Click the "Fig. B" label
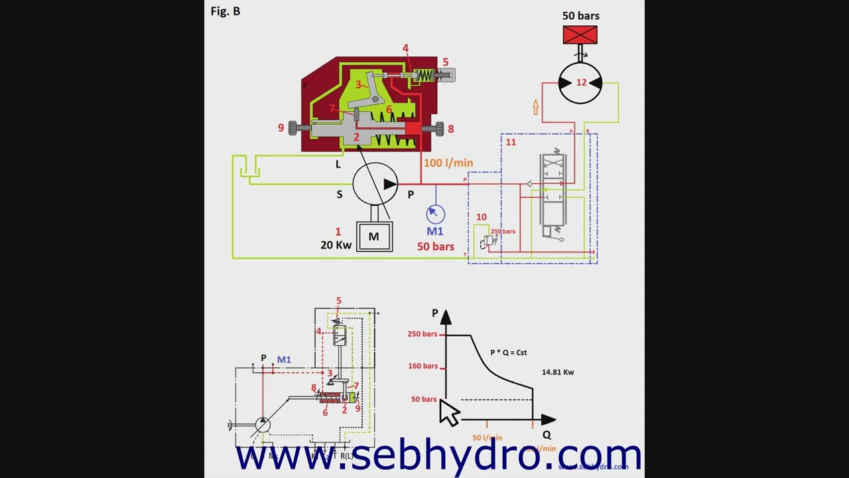225,11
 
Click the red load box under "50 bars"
580,35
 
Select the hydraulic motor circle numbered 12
580,83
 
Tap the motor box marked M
374,237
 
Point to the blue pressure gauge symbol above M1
435,213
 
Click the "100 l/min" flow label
448,163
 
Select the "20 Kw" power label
336,245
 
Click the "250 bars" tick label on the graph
423,334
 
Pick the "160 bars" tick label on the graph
423,366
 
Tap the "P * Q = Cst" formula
509,353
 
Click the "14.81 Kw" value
558,372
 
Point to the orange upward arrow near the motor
535,107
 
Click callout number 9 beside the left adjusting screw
281,127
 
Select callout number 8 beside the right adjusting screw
451,129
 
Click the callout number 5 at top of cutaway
446,62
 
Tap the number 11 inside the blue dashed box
510,142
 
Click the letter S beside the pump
339,195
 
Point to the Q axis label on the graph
547,435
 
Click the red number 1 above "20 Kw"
338,232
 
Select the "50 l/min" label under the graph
487,438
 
